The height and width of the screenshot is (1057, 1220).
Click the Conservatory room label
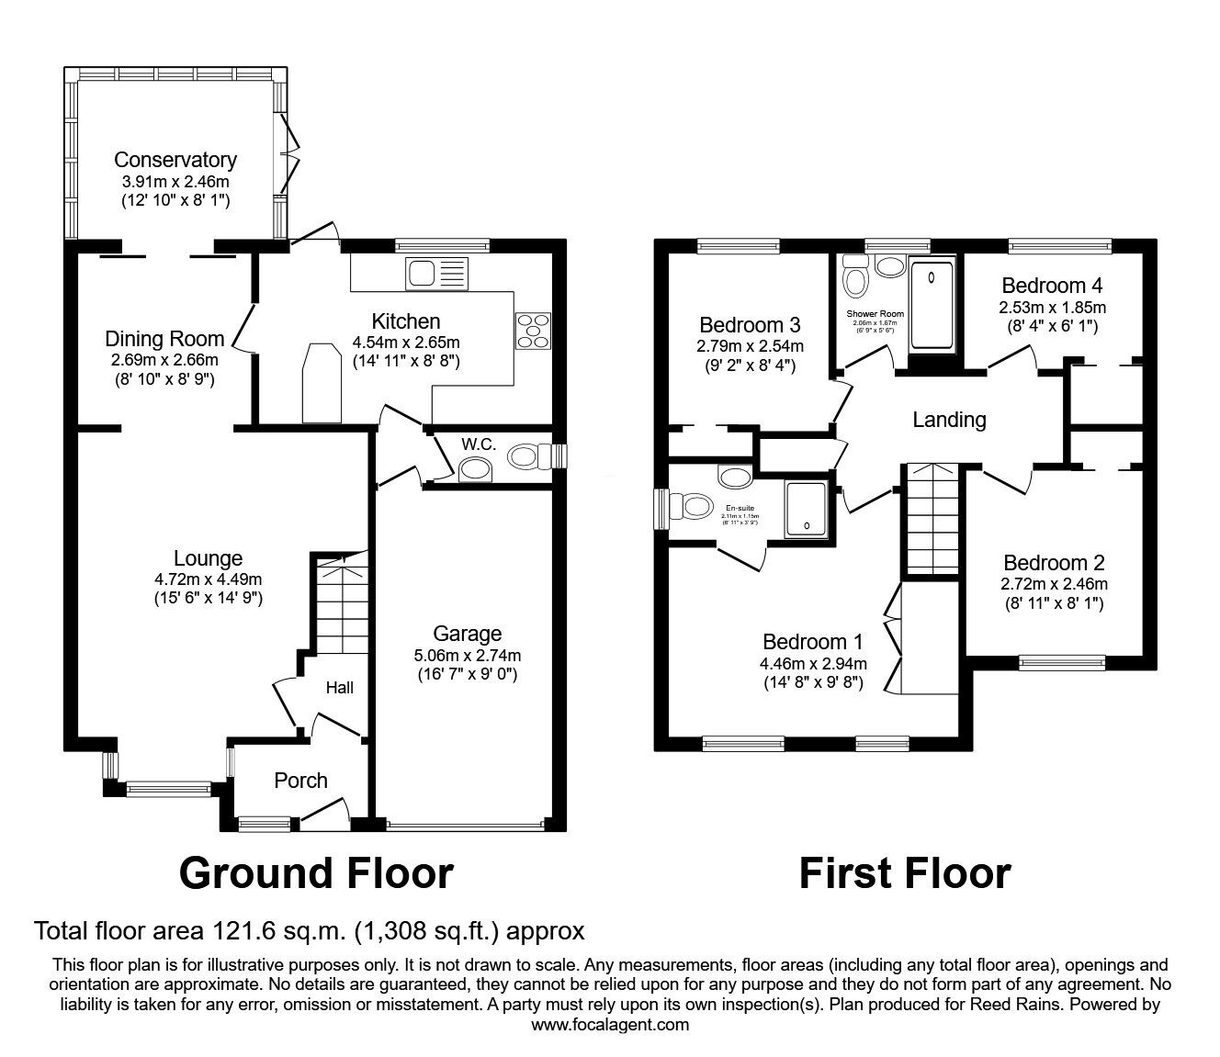click(x=175, y=160)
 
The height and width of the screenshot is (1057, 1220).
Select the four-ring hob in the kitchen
click(x=534, y=331)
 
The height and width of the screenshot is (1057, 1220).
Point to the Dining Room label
click(x=164, y=339)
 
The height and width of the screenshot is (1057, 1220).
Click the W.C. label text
click(x=479, y=444)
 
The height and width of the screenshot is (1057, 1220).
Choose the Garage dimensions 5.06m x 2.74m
click(x=467, y=656)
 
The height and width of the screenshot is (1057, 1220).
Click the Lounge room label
click(x=209, y=558)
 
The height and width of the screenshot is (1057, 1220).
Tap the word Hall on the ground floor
click(x=339, y=688)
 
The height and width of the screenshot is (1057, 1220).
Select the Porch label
click(x=300, y=781)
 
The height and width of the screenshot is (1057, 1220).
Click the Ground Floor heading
click(x=316, y=873)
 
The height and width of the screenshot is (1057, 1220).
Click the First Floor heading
click(x=905, y=873)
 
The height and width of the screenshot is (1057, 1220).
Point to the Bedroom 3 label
click(x=750, y=324)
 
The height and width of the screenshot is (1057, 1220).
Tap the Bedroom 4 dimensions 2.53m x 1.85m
click(x=1052, y=307)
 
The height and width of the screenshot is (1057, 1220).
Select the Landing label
click(x=949, y=420)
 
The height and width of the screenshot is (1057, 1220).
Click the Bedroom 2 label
click(x=1054, y=563)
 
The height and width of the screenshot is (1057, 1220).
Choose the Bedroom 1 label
click(x=813, y=642)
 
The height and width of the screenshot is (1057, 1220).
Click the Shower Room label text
click(x=875, y=314)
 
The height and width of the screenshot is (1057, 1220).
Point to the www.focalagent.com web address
click(x=610, y=1025)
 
